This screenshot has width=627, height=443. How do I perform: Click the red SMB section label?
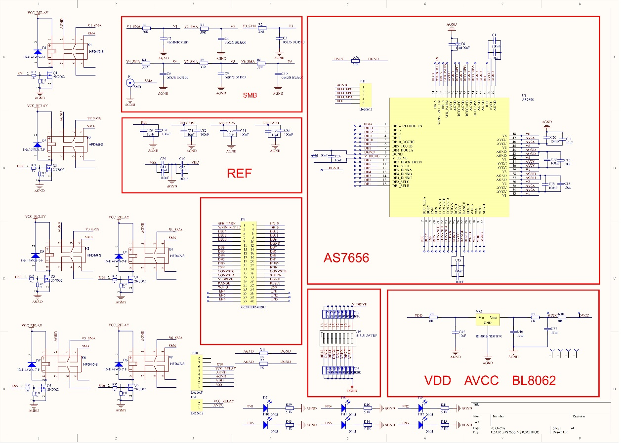pyautogui.click(x=250, y=96)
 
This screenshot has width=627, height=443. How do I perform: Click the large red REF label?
pyautogui.click(x=239, y=173)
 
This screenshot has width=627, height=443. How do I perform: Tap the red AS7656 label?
pyautogui.click(x=346, y=258)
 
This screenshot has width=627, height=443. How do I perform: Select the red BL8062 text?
pyautogui.click(x=534, y=380)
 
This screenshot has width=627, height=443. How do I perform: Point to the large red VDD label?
pyautogui.click(x=438, y=380)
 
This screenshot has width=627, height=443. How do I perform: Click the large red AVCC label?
pyautogui.click(x=481, y=380)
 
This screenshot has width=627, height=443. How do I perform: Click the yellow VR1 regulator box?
pyautogui.click(x=488, y=320)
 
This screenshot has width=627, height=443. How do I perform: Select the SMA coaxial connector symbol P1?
pyautogui.click(x=130, y=84)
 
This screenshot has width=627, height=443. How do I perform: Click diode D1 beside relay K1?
pyautogui.click(x=37, y=52)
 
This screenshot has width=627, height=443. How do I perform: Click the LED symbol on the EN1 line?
pyautogui.click(x=266, y=408)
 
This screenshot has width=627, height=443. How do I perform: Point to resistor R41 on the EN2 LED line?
pyautogui.click(x=444, y=408)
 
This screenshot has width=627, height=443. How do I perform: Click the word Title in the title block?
pyautogui.click(x=476, y=405)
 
